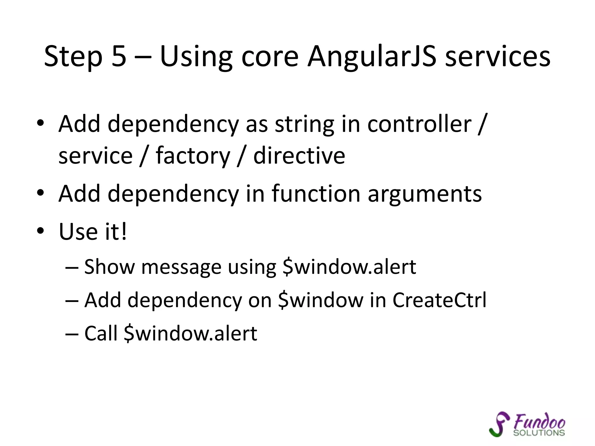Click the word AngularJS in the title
point(372,57)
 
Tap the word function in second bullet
point(316,194)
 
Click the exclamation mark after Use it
point(124,231)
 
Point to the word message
point(181,267)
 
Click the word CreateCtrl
point(439,300)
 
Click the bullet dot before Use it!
point(40,231)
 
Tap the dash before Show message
point(72,267)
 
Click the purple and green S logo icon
point(499,424)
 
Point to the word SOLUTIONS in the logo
point(539,433)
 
